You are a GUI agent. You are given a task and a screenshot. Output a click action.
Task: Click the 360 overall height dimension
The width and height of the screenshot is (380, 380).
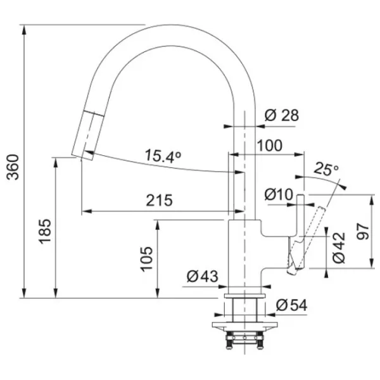point(13,167)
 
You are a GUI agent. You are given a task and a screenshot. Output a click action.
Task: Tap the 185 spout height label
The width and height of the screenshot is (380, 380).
point(45,231)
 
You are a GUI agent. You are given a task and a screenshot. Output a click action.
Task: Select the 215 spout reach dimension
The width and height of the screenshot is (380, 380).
point(159,200)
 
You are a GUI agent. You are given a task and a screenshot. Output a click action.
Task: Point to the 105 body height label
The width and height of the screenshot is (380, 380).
point(147,259)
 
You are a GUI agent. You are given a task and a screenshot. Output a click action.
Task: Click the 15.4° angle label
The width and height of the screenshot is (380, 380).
point(163,156)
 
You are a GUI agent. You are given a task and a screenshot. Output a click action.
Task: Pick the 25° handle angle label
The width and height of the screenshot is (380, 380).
point(326,169)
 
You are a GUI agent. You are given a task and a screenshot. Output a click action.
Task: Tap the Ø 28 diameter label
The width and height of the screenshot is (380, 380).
point(282,115)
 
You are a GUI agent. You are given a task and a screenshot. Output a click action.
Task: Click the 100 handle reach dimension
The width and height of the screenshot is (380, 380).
point(270,146)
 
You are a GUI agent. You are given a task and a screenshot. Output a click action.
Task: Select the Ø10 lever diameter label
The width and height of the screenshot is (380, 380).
point(279,194)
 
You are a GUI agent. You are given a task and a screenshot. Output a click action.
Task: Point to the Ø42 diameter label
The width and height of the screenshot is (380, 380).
point(339,248)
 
